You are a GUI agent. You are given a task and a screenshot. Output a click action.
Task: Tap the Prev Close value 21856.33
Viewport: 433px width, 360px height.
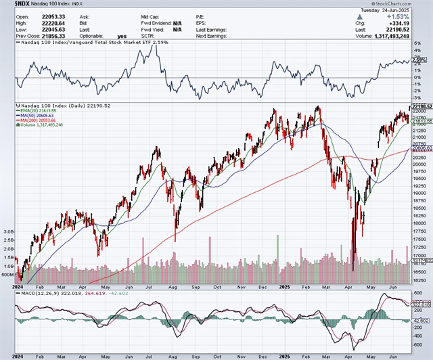pos(38,35)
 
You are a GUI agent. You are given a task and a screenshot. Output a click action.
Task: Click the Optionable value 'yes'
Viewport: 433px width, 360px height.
pos(122,35)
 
